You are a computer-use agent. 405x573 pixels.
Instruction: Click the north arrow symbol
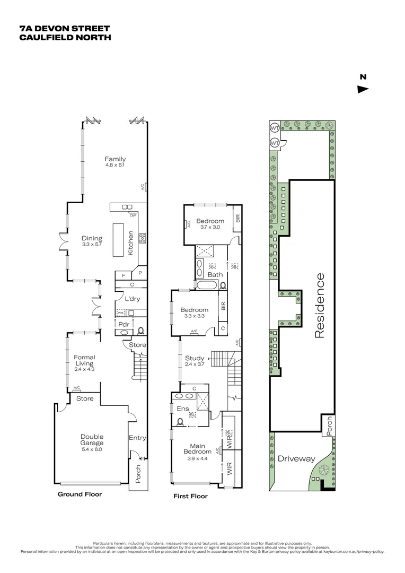363,89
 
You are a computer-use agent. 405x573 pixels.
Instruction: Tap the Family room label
115,159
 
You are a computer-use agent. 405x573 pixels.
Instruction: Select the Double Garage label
89,439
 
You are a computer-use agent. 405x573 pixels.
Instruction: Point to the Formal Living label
84,360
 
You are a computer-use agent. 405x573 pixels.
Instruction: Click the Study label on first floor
195,358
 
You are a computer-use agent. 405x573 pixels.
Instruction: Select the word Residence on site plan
319,305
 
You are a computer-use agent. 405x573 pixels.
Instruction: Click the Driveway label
296,459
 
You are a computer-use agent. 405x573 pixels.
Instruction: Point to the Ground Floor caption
80,494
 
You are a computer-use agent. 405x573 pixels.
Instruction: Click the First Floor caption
191,497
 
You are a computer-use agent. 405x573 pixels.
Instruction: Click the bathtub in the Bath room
207,285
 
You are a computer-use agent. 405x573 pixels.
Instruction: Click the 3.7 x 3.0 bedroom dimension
210,227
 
